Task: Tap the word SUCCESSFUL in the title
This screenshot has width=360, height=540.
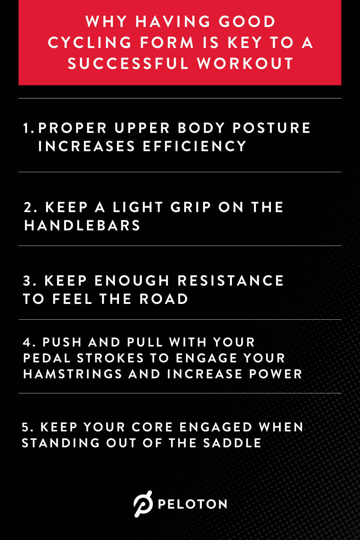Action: click(x=128, y=64)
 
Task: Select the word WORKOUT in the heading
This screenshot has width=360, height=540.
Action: click(x=245, y=64)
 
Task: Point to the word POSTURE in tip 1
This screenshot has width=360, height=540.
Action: click(x=271, y=128)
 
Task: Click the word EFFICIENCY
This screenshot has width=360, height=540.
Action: click(x=194, y=146)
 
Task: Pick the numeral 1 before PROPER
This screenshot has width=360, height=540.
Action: click(x=26, y=128)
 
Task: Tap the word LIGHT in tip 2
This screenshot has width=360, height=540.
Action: click(x=138, y=207)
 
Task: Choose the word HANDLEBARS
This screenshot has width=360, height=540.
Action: click(x=82, y=226)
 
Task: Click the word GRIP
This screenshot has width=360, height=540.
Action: click(x=191, y=207)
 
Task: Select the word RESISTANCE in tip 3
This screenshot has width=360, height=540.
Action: click(x=230, y=281)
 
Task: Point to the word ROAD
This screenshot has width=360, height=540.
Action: click(x=164, y=299)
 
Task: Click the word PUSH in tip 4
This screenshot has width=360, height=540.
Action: click(x=62, y=342)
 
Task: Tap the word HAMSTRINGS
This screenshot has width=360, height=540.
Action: click(x=73, y=374)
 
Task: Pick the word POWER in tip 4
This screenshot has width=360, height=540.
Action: click(x=275, y=374)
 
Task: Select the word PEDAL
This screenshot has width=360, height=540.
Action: click(x=47, y=358)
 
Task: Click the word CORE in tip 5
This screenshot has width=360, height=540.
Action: click(x=152, y=427)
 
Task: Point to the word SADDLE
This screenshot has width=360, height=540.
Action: click(x=232, y=443)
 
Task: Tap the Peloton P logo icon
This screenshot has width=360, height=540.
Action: click(x=143, y=504)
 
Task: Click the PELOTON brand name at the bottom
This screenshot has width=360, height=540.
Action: click(x=192, y=504)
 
